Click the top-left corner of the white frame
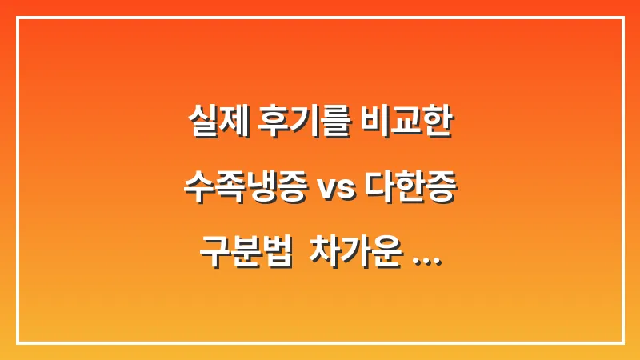[18, 18]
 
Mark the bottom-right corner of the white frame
[622, 342]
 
